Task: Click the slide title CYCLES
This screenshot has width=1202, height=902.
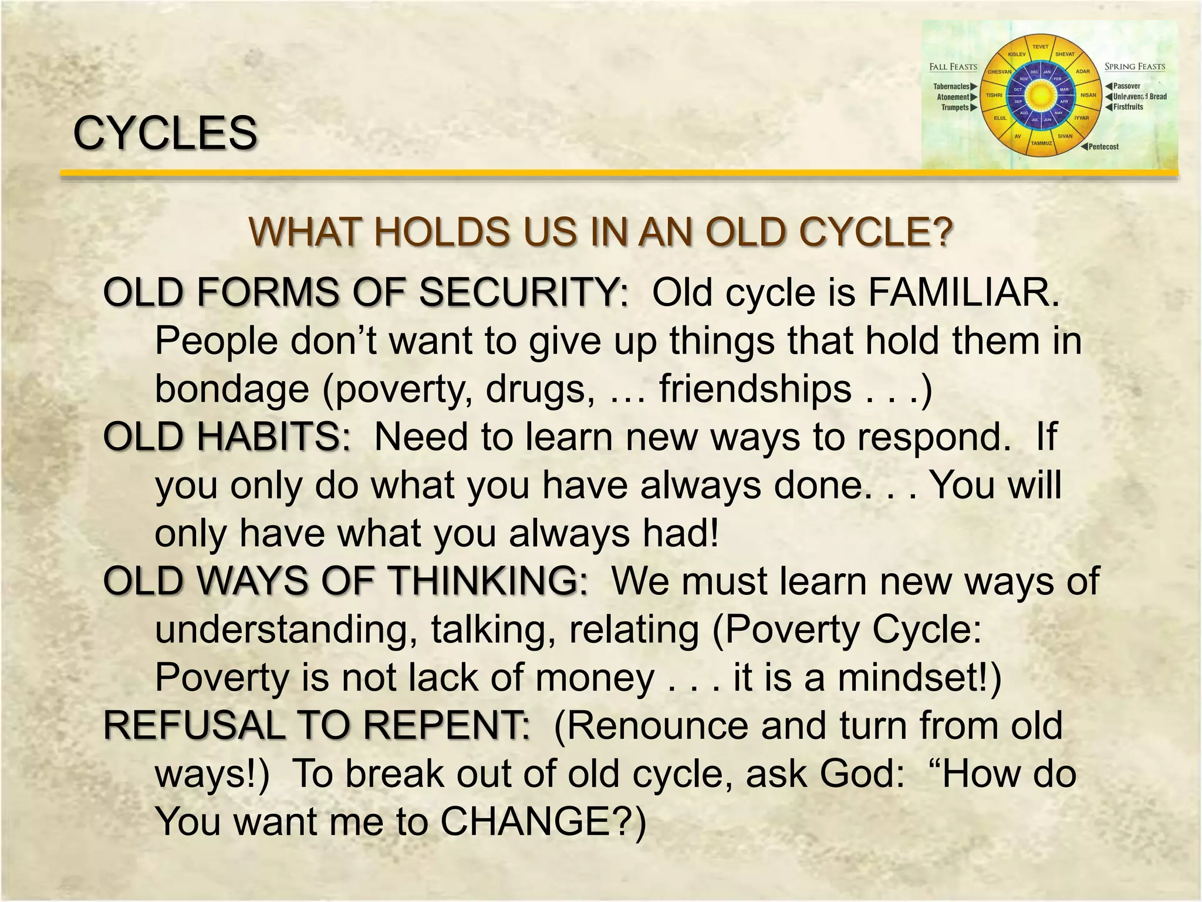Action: coord(165,133)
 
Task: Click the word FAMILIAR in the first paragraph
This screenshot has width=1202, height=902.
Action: coord(963,292)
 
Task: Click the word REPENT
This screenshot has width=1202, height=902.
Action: coord(447,725)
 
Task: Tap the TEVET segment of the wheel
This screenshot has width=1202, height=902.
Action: coord(1040,47)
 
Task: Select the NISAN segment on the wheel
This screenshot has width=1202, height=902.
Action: coord(1088,95)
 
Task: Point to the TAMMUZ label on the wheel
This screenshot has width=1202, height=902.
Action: coord(1041,143)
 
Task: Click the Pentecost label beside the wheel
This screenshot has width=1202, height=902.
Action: coord(1103,147)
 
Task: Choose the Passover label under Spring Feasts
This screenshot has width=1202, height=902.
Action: coord(1126,86)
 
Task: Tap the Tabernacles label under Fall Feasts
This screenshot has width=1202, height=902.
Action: coord(951,87)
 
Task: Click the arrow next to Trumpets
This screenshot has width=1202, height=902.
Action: coord(974,108)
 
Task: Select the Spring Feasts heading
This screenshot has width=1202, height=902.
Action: coord(1135,67)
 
